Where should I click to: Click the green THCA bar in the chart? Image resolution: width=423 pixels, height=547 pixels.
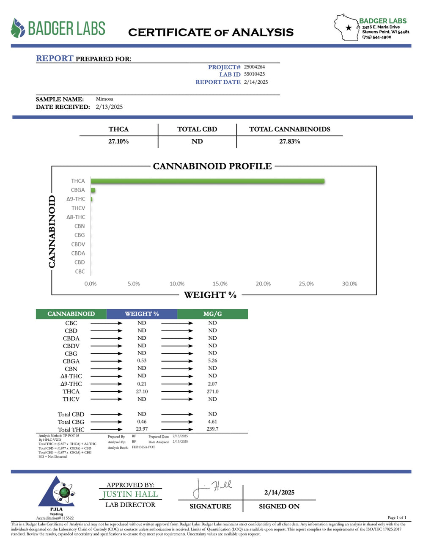[x=207, y=181]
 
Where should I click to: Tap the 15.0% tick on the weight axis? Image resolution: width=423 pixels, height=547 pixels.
[x=220, y=283]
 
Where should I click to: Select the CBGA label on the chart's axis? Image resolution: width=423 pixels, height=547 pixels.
[x=78, y=190]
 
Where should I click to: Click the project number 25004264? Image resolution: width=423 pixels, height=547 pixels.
[x=254, y=67]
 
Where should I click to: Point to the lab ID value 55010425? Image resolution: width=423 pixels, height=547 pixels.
[x=254, y=74]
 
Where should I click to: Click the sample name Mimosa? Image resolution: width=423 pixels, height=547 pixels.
[x=104, y=99]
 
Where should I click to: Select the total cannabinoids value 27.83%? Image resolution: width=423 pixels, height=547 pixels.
[x=289, y=141]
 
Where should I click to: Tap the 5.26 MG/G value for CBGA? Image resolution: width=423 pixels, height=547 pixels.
[x=212, y=361]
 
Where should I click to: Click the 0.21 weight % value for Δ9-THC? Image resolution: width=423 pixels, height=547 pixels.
[x=142, y=384]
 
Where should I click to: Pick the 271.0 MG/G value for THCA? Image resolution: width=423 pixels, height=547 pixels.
[x=212, y=391]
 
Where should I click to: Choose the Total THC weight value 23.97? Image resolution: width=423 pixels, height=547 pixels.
[x=142, y=429]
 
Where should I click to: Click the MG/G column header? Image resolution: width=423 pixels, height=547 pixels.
[x=212, y=314]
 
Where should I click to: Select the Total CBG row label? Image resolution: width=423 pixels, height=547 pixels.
[x=71, y=422]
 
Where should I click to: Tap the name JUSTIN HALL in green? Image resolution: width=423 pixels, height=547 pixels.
[x=130, y=494]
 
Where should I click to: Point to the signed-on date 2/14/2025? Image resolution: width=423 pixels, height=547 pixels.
[x=279, y=492]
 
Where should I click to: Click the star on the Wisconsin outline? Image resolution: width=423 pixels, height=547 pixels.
[x=349, y=28]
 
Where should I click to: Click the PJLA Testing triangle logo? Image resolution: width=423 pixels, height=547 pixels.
[x=57, y=493]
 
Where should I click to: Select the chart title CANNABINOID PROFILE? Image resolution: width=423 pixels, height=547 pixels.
[x=212, y=166]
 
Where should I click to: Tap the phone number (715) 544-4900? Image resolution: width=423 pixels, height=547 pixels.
[x=376, y=37]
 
